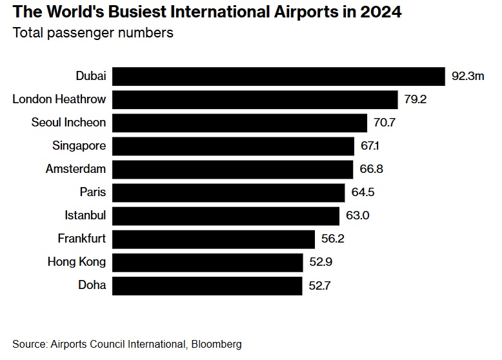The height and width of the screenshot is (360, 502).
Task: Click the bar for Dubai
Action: coord(279,76)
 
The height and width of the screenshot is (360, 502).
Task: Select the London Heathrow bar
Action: coord(255,99)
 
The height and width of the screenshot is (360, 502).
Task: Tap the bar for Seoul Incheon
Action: coord(240,123)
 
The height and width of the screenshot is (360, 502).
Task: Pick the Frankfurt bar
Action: coord(214,239)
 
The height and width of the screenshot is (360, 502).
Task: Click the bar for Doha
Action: coord(207,285)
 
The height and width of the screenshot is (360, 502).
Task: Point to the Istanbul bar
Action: coord(226,215)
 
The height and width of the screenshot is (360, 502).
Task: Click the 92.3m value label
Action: coord(468,76)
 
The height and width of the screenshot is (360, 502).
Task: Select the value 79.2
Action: coord(416,99)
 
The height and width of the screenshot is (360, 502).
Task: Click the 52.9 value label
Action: coord(321,262)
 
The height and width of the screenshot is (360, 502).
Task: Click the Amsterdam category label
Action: coord(75,169)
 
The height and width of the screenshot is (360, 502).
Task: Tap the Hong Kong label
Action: coord(76,262)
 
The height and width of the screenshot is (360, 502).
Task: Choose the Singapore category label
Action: coord(79,146)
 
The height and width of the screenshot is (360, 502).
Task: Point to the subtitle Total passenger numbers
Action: coord(93,33)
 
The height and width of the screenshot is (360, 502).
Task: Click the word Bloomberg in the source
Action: coord(216,345)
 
